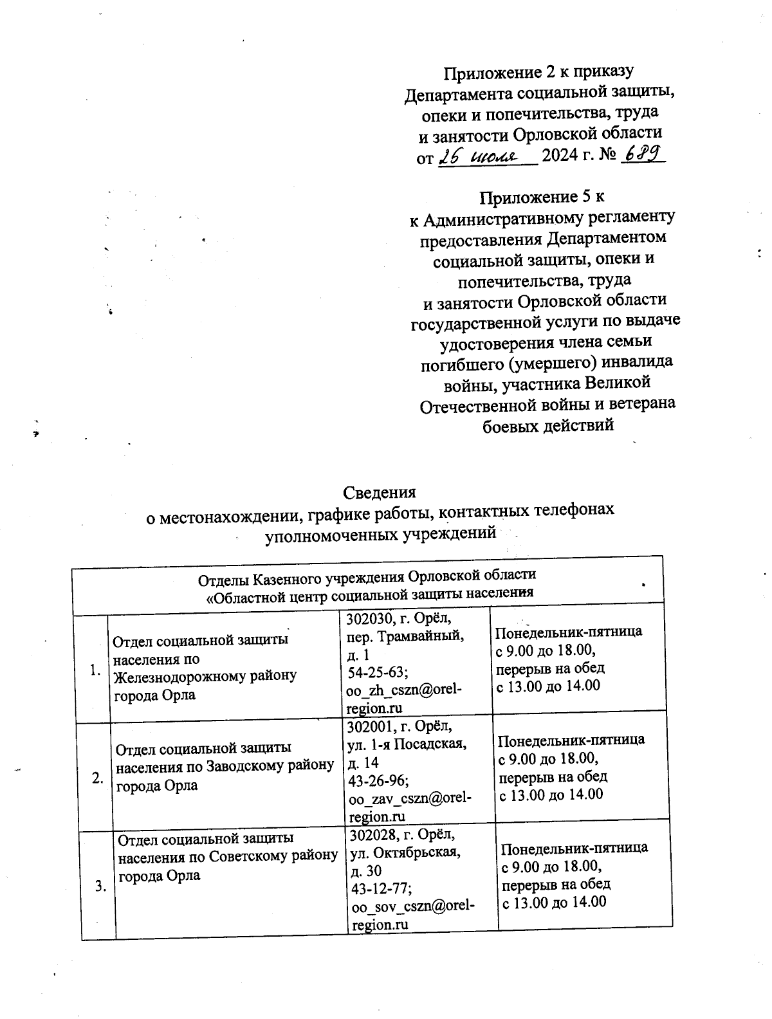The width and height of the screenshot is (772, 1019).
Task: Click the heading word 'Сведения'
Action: (x=380, y=492)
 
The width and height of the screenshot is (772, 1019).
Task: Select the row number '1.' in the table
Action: (x=95, y=670)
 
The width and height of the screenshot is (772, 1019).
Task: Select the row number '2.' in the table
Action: (x=98, y=778)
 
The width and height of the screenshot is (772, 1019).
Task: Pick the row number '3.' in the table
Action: (x=101, y=886)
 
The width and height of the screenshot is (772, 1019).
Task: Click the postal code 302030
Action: (x=369, y=620)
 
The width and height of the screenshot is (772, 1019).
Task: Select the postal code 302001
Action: (x=371, y=728)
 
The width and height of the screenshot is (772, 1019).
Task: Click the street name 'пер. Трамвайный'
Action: (x=405, y=637)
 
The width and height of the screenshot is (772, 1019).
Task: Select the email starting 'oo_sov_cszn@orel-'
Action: (x=412, y=906)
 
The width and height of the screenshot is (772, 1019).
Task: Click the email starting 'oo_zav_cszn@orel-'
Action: (x=409, y=798)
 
